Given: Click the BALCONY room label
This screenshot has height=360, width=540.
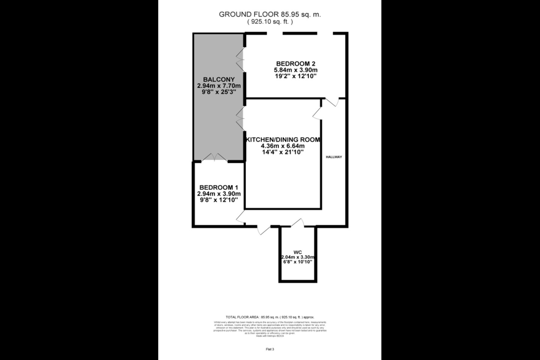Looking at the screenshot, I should (219, 79).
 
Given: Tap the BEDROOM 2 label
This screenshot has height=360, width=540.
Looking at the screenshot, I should (295, 64).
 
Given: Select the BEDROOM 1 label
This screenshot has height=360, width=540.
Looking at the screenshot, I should (219, 187).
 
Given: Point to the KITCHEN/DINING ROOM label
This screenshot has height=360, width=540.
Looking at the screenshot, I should (283, 140).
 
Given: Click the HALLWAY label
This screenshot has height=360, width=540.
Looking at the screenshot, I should (333, 157).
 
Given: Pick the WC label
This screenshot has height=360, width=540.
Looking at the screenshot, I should (298, 252).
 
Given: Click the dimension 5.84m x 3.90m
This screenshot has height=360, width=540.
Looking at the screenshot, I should (295, 70).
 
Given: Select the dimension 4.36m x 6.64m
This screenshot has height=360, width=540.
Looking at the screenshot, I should (283, 146).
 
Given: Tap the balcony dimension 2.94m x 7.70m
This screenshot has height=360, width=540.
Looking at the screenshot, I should (219, 86).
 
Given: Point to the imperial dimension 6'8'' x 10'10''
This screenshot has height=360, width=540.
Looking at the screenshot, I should (298, 262).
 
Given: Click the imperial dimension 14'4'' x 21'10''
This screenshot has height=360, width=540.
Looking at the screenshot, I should (283, 152).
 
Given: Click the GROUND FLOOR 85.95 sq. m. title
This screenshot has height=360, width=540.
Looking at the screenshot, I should (270, 15).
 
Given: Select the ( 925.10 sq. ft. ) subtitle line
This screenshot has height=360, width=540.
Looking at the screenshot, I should (270, 22).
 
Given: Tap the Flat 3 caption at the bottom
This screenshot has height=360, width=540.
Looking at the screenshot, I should (270, 349).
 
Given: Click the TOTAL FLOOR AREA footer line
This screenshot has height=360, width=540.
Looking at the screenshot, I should (270, 317).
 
